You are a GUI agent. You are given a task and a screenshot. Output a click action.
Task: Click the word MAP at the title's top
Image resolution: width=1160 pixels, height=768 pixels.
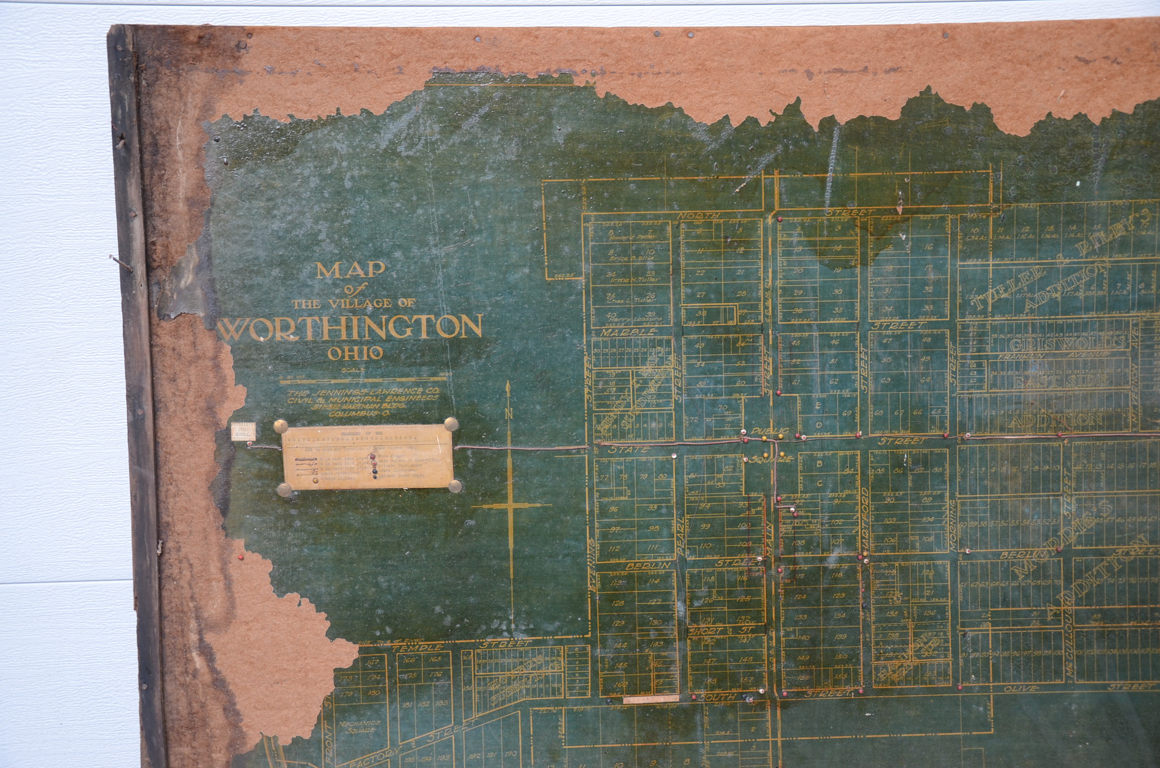coord(350,270)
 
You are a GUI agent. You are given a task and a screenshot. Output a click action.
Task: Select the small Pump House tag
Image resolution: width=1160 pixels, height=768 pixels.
coord(243,432)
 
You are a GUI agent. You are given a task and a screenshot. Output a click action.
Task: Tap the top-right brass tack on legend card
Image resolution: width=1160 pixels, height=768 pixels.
coord(451,424)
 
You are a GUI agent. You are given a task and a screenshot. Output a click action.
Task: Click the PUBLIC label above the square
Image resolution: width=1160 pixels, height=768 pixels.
coord(770,431)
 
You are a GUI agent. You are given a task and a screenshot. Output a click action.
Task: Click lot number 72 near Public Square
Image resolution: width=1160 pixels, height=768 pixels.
coord(694,420)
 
